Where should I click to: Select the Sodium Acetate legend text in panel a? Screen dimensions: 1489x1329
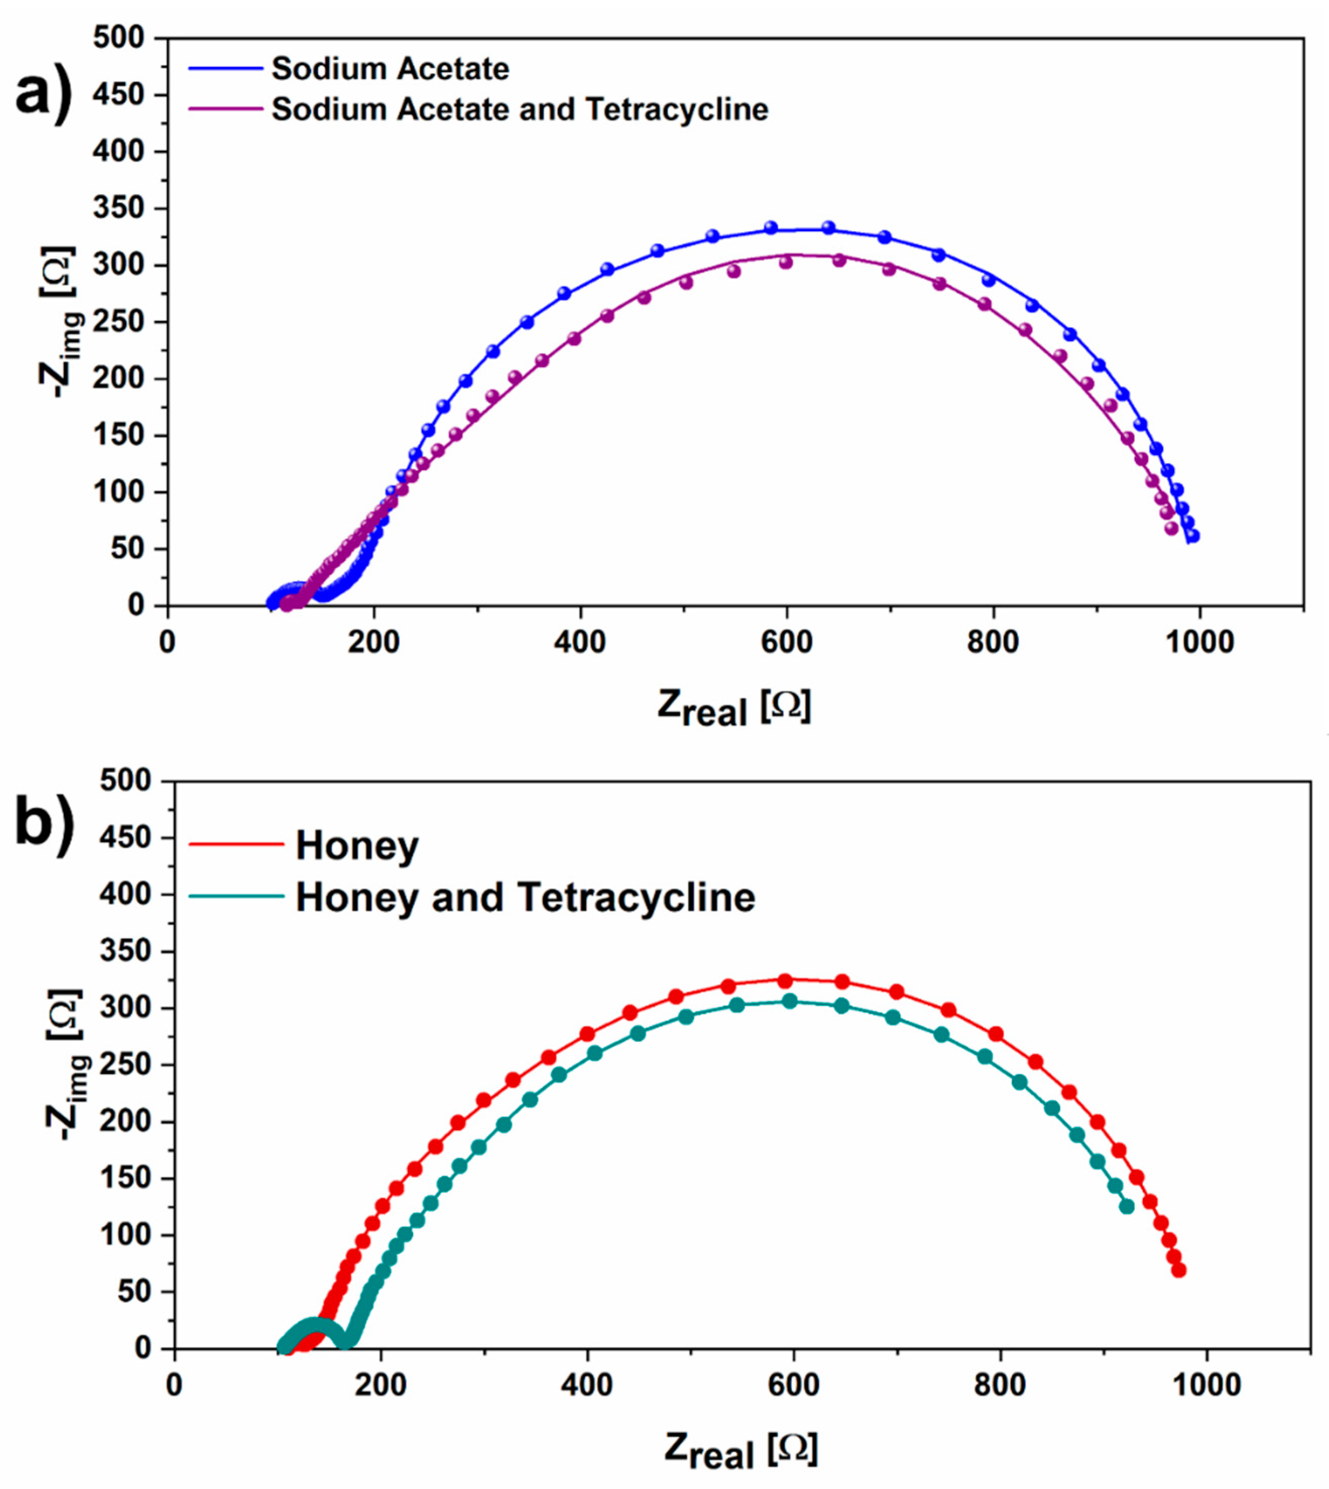click(x=390, y=70)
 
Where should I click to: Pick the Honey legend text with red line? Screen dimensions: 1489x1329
click(x=357, y=846)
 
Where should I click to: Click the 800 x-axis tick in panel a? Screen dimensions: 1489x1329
click(x=992, y=642)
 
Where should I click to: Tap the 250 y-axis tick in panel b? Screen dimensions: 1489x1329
click(x=126, y=1065)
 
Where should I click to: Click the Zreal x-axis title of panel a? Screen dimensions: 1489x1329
click(x=734, y=706)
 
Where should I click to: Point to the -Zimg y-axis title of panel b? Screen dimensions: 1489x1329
click(x=70, y=1064)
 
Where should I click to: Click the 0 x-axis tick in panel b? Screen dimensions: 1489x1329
click(x=174, y=1385)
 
